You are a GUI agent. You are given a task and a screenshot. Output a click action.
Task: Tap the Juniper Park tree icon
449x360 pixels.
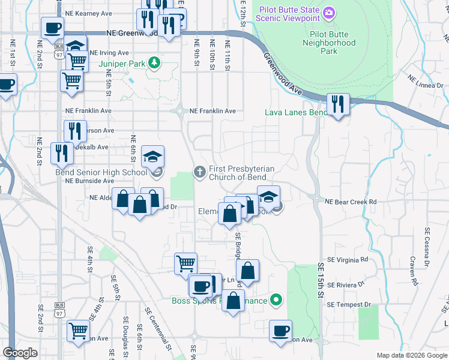pyautogui.click(x=155, y=62)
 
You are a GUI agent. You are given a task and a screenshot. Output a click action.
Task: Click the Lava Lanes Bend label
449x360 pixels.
pyautogui.click(x=296, y=112)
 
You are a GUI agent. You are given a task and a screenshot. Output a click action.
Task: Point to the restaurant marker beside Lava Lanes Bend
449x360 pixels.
pyautogui.click(x=338, y=104)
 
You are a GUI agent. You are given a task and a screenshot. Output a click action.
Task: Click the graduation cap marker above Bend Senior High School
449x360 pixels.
pyautogui.click(x=152, y=157)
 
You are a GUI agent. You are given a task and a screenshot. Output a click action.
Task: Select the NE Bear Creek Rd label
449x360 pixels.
pyautogui.click(x=350, y=202)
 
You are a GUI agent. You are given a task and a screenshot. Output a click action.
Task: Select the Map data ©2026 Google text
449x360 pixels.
pyautogui.click(x=410, y=355)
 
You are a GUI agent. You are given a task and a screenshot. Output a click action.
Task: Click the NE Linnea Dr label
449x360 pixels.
pyautogui.click(x=425, y=81)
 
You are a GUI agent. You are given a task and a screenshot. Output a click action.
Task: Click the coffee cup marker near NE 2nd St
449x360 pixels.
pyautogui.click(x=53, y=27)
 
